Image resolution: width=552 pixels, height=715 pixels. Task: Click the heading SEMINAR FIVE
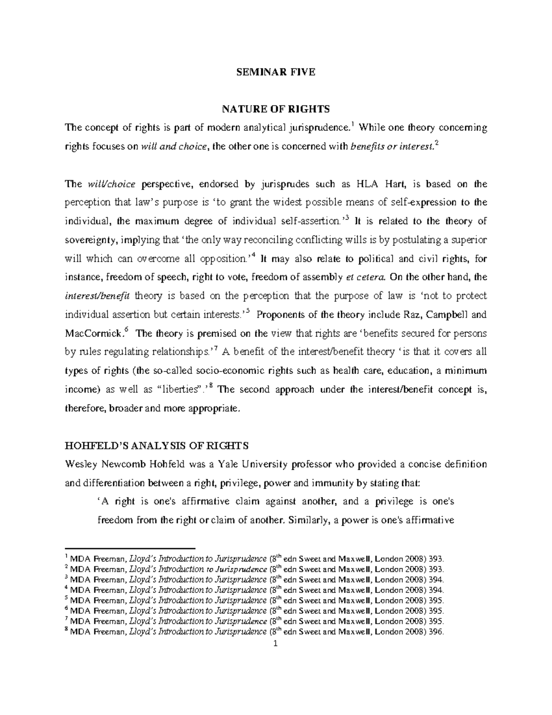click(x=276, y=72)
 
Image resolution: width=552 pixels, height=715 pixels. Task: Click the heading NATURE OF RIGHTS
click(x=276, y=109)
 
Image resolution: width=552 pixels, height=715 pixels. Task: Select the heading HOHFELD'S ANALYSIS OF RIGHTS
click(x=156, y=446)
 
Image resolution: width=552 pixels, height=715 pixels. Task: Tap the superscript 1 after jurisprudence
click(x=352, y=123)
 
